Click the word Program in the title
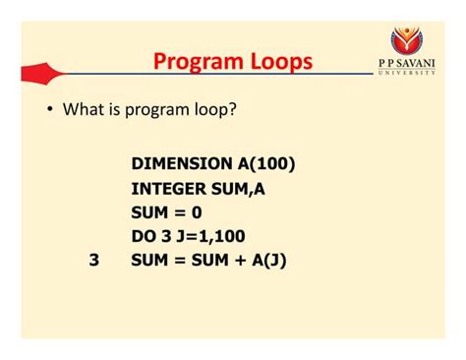coord(192,62)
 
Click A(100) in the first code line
coord(263,162)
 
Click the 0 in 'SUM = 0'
coord(197,211)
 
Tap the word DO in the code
coord(144,236)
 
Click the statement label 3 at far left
coord(93,262)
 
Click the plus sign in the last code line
coord(234,262)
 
